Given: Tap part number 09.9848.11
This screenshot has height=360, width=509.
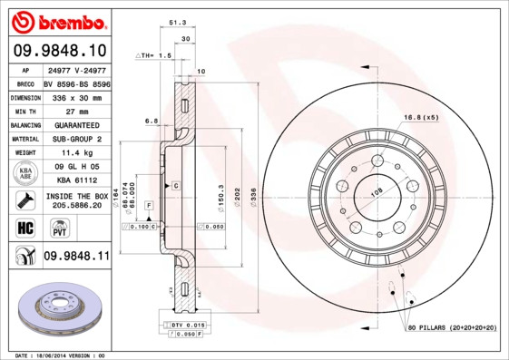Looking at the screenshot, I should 76,257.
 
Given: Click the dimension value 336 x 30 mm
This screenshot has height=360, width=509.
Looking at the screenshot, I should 76,95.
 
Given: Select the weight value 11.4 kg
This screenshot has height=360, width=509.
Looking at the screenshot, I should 76,152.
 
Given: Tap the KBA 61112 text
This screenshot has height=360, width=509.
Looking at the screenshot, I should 76,180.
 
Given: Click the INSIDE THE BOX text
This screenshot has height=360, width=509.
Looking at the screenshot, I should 76,196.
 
